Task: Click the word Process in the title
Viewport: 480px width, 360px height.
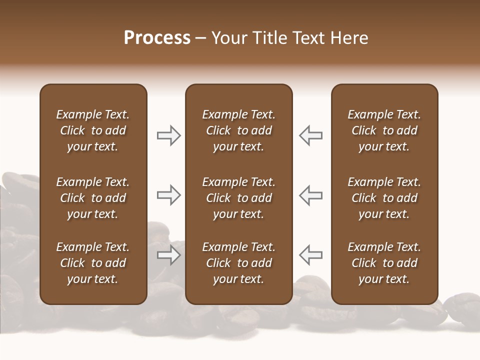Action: click(157, 38)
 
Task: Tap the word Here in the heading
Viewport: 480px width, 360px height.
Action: click(349, 38)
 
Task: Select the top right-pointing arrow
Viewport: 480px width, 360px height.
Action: click(169, 135)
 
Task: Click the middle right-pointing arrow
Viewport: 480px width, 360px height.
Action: click(169, 195)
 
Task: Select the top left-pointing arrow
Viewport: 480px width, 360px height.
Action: click(310, 135)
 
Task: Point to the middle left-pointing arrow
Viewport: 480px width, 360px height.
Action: click(310, 195)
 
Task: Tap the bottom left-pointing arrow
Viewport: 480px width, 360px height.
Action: click(310, 255)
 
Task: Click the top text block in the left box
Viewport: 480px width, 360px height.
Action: click(93, 130)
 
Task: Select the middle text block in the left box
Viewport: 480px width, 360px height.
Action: click(93, 198)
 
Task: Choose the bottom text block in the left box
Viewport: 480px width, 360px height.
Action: click(93, 263)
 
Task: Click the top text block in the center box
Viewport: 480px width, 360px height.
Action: click(238, 130)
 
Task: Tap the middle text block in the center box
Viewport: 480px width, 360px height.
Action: click(238, 198)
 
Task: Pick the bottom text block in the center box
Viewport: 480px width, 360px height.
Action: click(238, 263)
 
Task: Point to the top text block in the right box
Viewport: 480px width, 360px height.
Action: click(384, 130)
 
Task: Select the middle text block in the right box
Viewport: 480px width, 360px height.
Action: click(384, 198)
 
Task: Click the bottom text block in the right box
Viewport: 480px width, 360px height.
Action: click(384, 263)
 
